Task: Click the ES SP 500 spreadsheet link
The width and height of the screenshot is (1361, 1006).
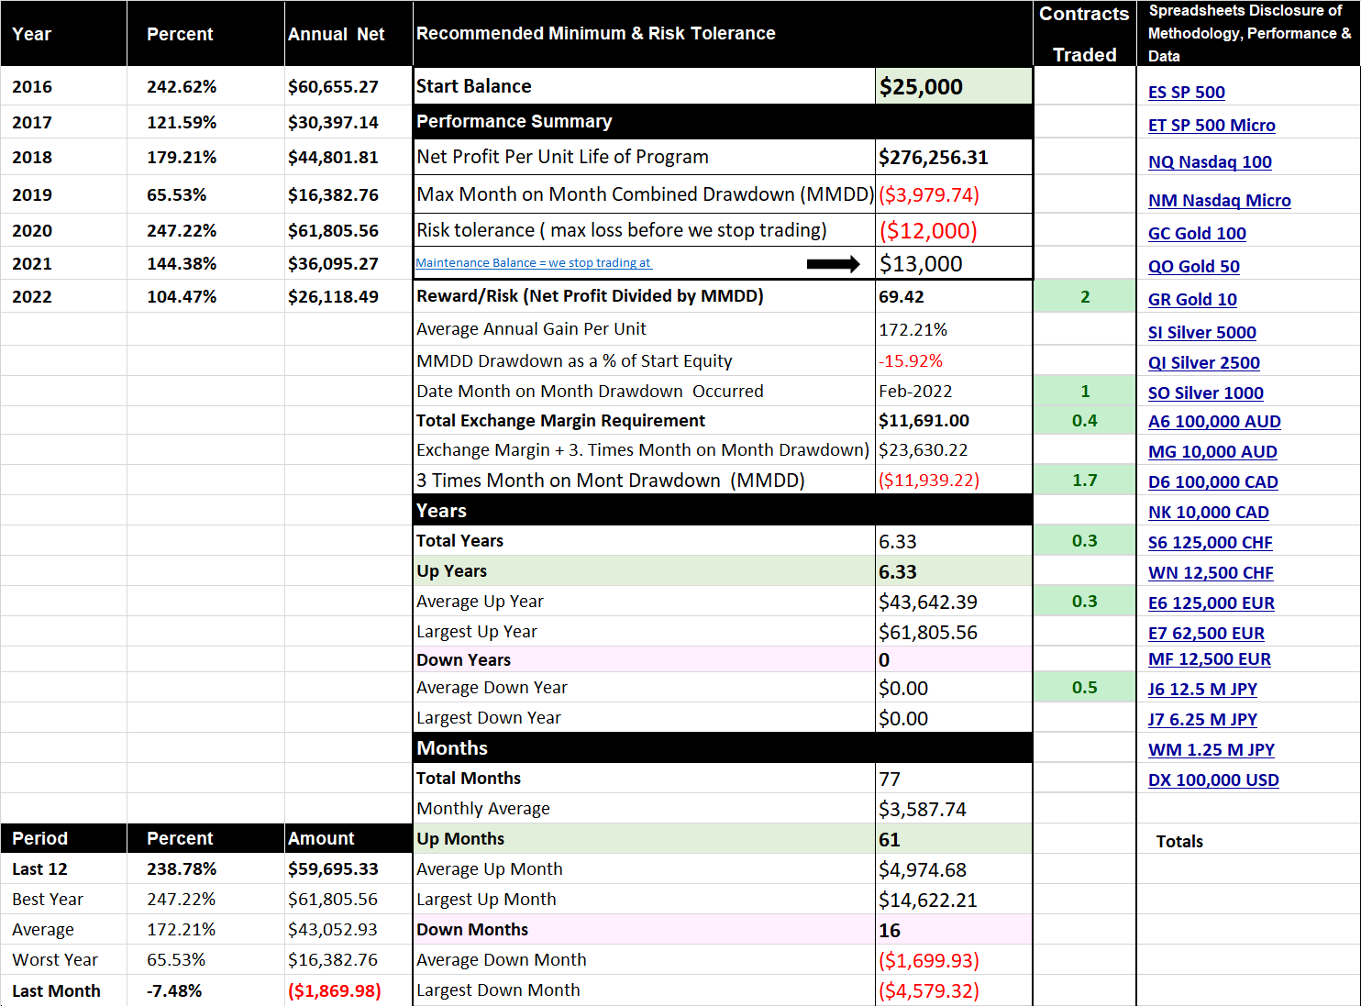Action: point(1186,92)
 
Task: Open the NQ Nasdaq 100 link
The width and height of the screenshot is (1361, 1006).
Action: point(1210,162)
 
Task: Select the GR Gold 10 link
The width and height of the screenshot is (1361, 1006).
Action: point(1192,300)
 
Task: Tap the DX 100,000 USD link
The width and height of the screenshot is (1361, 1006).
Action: point(1213,780)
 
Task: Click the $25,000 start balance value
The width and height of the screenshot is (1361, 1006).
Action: point(921,86)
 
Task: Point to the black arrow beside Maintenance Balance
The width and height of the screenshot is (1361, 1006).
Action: point(834,264)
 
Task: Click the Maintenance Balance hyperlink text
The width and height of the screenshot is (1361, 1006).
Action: point(534,262)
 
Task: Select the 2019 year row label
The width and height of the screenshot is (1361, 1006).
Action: point(32,195)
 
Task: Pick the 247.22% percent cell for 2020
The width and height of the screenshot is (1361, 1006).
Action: point(181,231)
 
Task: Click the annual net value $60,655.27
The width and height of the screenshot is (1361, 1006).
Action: point(333,86)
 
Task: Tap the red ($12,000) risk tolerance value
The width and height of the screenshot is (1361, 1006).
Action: point(928,231)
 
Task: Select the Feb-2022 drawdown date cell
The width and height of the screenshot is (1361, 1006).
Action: point(915,392)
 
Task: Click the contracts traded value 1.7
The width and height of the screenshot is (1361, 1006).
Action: point(1084,481)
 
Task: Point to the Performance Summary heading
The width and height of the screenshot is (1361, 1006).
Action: point(515,122)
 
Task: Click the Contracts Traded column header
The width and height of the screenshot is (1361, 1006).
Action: point(1084,34)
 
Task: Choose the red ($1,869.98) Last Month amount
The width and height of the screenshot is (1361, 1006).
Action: point(335,990)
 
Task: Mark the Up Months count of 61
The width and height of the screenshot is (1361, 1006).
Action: point(889,840)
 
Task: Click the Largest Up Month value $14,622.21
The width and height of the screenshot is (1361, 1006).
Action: point(927,900)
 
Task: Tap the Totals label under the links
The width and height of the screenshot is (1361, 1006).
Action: point(1179,842)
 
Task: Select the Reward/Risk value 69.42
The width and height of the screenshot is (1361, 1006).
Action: point(901,297)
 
